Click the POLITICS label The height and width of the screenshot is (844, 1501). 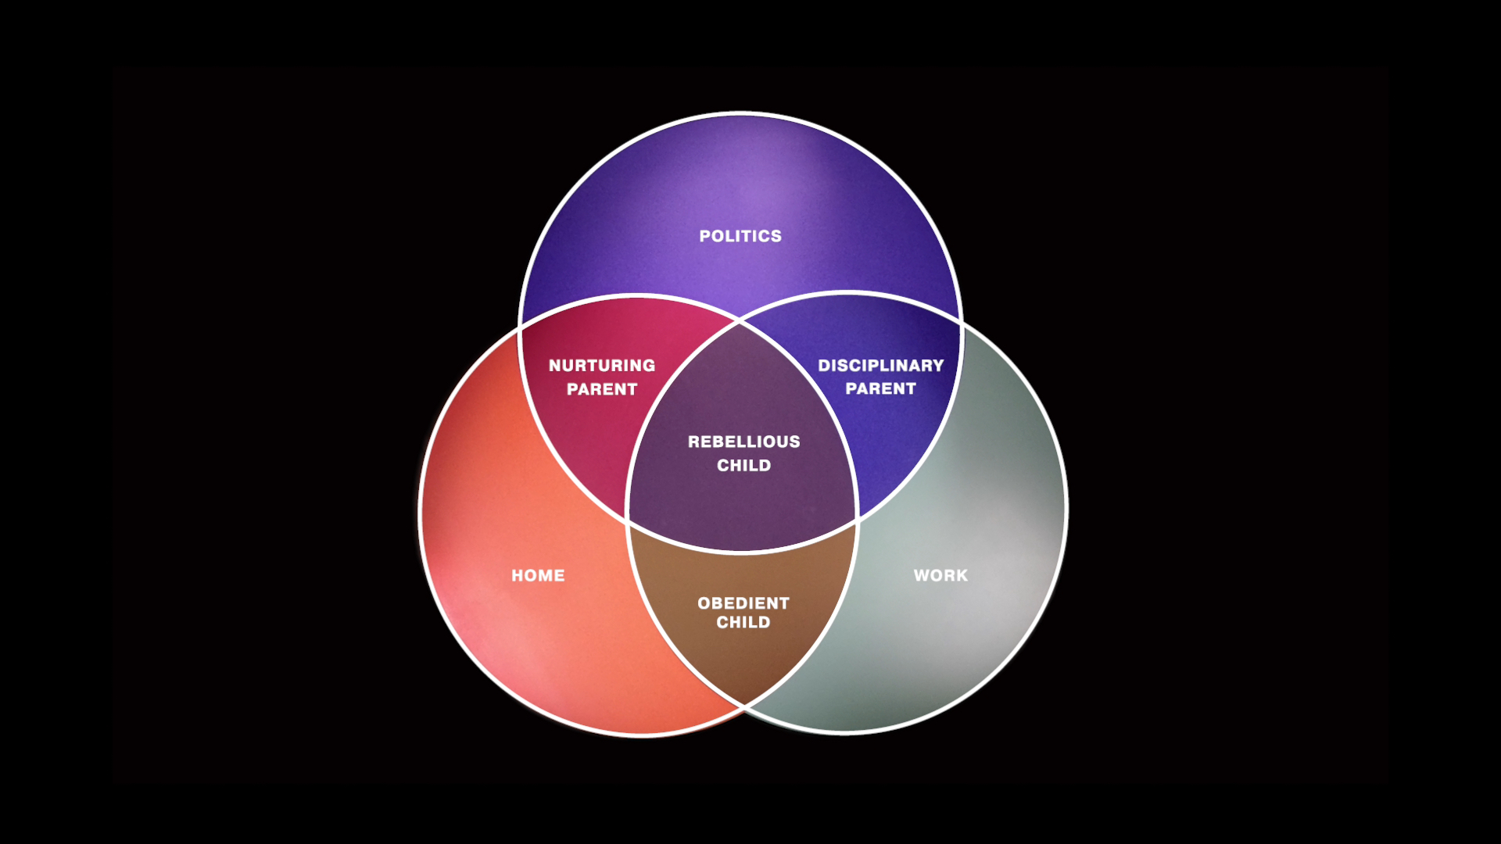pos(740,236)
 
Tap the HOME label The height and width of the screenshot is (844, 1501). pos(538,576)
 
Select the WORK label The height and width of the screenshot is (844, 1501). pos(940,576)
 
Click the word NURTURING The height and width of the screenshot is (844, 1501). pos(602,366)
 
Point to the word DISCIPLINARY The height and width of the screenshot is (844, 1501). pos(881,366)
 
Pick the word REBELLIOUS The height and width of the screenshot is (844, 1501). pos(744,442)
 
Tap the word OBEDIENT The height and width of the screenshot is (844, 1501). pos(743,603)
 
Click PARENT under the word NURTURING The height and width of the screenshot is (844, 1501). pos(602,389)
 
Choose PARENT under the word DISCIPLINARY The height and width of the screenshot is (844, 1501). pos(881,388)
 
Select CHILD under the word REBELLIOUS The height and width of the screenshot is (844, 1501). pos(744,466)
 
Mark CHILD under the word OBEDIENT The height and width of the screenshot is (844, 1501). pos(743,623)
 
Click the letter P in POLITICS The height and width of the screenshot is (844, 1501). pos(704,236)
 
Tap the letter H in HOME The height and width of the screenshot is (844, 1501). pos(517,576)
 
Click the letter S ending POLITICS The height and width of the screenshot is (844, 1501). pos(776,236)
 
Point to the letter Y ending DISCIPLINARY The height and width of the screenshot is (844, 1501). pos(938,366)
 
